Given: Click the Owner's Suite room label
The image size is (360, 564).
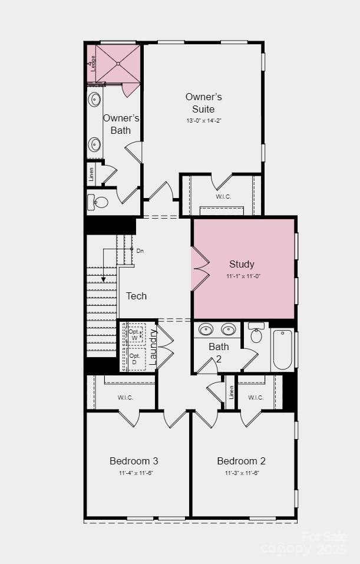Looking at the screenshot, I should [203, 103].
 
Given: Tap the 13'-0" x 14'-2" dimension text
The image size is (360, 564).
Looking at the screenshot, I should [203, 120].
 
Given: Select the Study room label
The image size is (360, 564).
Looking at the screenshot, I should [242, 265].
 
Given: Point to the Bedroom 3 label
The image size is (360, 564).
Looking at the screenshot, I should [133, 461].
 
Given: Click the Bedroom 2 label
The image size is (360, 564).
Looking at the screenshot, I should [241, 461].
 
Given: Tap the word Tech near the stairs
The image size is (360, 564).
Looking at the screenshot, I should [137, 296].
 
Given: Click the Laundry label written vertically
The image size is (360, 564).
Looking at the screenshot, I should [153, 347].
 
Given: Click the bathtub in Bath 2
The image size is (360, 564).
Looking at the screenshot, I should [282, 349].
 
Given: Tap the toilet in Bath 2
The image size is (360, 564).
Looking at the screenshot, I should [256, 334].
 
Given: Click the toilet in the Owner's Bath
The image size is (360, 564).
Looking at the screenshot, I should [99, 203].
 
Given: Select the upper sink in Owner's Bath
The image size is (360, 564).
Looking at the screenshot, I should [94, 99].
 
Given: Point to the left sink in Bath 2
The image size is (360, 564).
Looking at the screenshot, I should [206, 329].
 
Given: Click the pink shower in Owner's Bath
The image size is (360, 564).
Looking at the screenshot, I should [118, 64].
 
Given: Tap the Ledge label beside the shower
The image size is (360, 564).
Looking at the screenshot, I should [93, 62].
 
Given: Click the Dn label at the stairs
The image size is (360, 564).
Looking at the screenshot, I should [140, 251].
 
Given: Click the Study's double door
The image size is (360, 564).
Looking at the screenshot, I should [199, 268].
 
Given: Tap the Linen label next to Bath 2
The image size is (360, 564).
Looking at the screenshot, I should [231, 392].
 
